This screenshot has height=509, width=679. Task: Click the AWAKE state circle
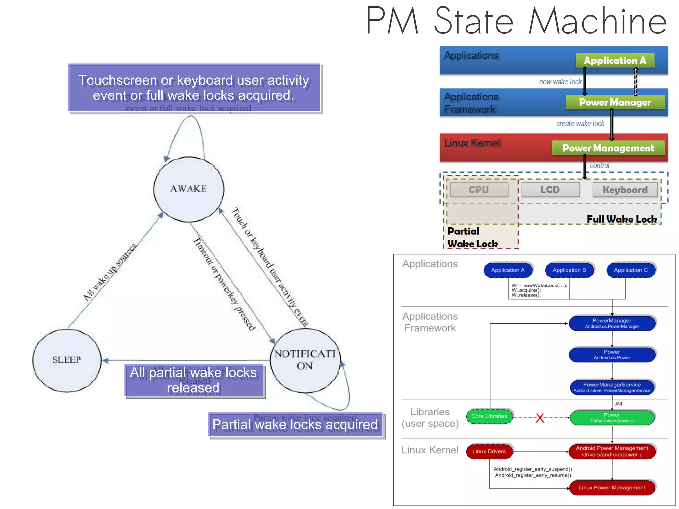189,189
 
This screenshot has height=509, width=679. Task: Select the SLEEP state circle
67,360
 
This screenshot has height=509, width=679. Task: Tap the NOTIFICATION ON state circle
305,360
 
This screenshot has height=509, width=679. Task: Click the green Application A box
615,60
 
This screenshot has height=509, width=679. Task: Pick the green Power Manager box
615,102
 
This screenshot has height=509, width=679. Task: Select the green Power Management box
608,148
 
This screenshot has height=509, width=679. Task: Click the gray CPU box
478,190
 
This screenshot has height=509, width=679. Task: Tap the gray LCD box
550,190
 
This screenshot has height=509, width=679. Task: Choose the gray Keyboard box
625,190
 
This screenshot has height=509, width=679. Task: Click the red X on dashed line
540,418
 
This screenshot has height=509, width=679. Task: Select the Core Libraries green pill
489,416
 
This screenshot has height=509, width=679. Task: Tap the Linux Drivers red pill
489,451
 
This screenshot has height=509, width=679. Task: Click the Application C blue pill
631,270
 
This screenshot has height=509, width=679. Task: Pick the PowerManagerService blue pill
612,387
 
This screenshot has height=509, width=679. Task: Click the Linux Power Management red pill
612,488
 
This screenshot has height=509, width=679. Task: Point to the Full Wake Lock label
622,219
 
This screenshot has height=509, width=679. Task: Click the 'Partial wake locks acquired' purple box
295,425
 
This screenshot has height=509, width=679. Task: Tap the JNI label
618,404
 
